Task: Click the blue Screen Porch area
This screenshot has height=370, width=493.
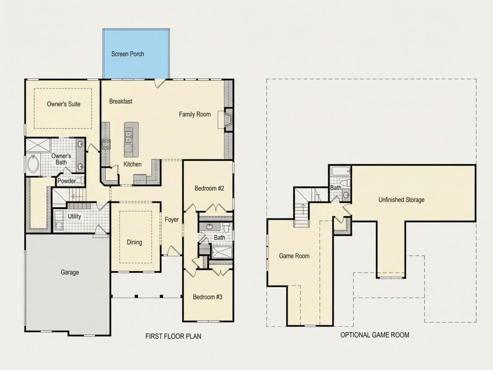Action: point(136,53)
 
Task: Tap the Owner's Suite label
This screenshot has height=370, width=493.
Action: point(64,104)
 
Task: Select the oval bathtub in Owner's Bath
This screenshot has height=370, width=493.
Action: point(33,164)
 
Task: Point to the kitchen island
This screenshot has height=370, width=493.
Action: point(131,139)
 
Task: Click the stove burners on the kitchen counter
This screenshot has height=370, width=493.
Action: point(106,144)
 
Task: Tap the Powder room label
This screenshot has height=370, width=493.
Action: point(66,181)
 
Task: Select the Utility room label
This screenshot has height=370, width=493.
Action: point(74,217)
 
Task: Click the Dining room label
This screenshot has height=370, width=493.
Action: point(134,242)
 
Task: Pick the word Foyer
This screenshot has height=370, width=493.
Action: point(172,220)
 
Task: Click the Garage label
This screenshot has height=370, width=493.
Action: point(70,273)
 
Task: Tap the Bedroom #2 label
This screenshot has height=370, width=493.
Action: point(209,188)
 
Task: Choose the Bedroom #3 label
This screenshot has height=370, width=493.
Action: point(208,297)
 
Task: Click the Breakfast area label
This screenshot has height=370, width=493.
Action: point(121,101)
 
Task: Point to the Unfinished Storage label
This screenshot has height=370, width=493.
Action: point(402,200)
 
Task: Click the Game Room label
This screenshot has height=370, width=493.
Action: point(294,256)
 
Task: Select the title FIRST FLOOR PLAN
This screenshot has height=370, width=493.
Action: point(173,336)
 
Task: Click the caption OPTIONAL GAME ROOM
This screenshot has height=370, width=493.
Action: point(375,335)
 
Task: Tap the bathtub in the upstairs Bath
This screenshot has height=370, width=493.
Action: point(341,172)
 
